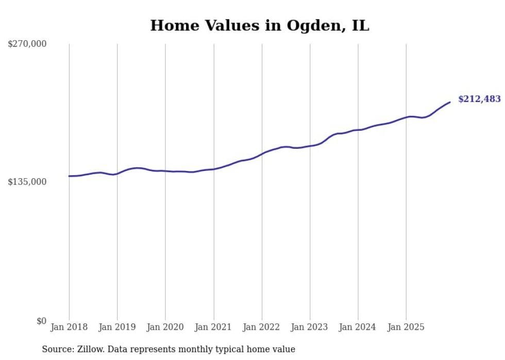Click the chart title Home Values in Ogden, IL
point(260,25)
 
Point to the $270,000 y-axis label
point(27,44)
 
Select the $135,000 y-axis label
point(27,182)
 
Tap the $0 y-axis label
point(41,321)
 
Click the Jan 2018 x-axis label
point(69,327)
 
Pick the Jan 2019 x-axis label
point(117,327)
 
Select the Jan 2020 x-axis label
point(165,327)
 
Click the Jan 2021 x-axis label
point(213,327)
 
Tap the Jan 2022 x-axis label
point(262,327)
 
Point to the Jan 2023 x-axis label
point(310,327)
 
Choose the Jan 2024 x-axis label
point(358,327)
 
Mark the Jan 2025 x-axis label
point(406,327)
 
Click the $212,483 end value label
point(479,99)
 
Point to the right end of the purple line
point(450,102)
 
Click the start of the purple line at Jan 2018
point(69,176)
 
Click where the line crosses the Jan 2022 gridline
point(262,153)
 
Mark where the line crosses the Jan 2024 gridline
point(358,130)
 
